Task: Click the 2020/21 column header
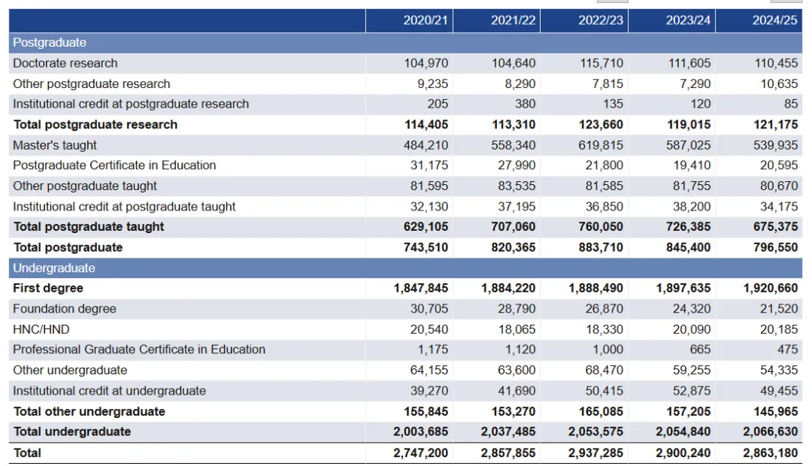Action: point(426,20)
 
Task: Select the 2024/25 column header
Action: point(774,20)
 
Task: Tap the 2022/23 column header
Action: point(601,20)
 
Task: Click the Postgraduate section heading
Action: point(50,43)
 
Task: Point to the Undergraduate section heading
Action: point(54,268)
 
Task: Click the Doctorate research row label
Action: point(65,63)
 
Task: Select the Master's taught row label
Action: point(55,145)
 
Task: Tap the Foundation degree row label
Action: point(65,309)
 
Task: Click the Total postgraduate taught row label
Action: point(89,227)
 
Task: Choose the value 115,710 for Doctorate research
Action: point(601,63)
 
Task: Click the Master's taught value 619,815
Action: point(601,145)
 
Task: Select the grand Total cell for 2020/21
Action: point(420,453)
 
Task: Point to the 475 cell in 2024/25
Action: point(786,349)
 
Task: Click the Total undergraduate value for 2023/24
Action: point(683,432)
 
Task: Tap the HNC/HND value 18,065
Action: point(517,329)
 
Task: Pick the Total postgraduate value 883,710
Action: point(601,247)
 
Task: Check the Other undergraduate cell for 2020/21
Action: point(428,371)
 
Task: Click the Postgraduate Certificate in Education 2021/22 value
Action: point(517,165)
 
